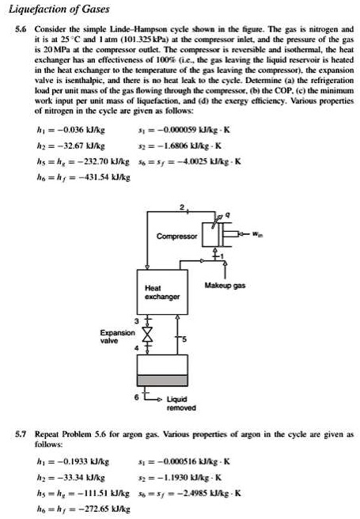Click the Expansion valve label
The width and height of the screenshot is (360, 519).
click(x=112, y=338)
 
